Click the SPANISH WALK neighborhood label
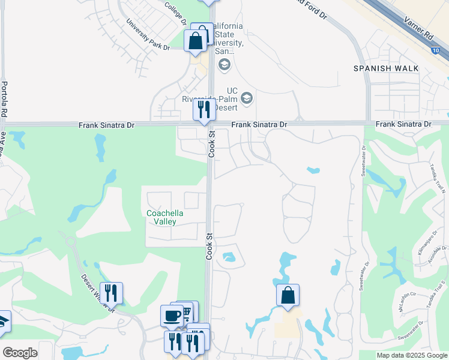click(x=385, y=68)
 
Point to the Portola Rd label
click(x=5, y=98)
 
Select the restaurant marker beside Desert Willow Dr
click(x=111, y=292)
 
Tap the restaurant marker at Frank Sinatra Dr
click(x=204, y=109)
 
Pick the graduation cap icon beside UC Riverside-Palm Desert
click(x=246, y=97)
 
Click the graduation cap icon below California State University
click(x=224, y=64)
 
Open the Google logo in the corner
click(x=20, y=353)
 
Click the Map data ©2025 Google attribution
click(x=412, y=355)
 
